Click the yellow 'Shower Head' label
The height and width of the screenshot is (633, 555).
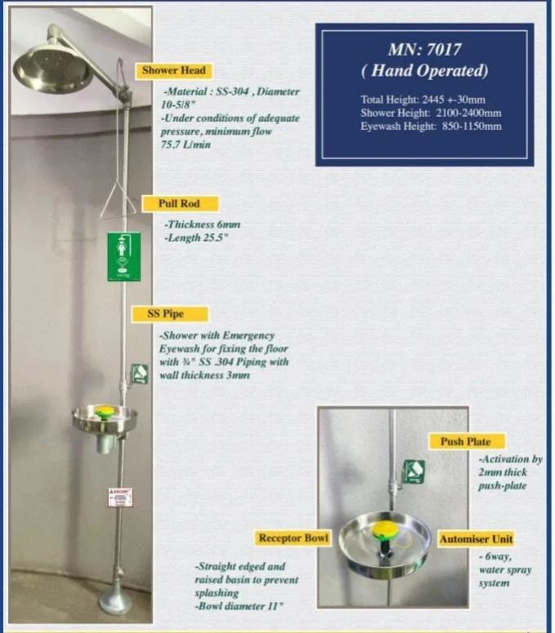(x=173, y=71)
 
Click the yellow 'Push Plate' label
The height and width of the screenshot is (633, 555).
(x=466, y=442)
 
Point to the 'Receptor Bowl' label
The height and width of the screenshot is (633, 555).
(x=293, y=538)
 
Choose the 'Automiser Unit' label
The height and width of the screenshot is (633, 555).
(x=477, y=540)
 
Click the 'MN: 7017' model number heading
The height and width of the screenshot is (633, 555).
(x=424, y=49)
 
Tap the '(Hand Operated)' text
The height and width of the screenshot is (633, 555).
(x=424, y=71)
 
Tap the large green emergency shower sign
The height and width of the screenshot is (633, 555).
(x=123, y=256)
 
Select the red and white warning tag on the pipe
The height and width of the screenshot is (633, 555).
(x=119, y=496)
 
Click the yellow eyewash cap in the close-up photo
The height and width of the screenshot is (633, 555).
(x=384, y=532)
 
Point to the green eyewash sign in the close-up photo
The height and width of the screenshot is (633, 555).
(x=414, y=471)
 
